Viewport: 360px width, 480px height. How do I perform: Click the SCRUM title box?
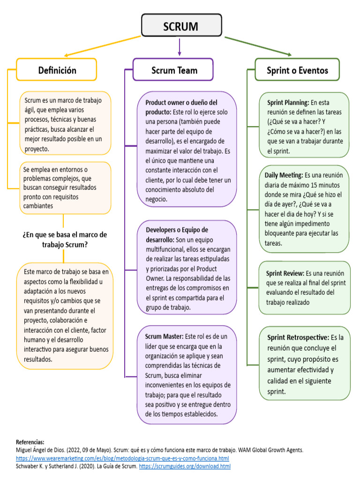[x=181, y=26]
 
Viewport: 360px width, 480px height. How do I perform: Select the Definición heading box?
[x=57, y=70]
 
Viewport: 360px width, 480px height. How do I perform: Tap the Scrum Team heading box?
[x=174, y=70]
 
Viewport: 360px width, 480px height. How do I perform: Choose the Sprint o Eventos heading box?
[x=297, y=71]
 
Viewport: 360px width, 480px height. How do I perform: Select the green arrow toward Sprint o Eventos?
[x=258, y=45]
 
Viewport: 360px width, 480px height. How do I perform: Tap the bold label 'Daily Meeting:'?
[x=284, y=175]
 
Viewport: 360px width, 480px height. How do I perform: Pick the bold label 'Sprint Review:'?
[x=285, y=273]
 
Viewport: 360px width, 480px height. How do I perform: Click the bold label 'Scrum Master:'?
[x=165, y=337]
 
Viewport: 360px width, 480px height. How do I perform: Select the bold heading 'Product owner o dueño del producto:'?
[x=181, y=107]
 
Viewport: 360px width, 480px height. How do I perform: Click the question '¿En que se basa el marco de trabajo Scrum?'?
[x=65, y=239]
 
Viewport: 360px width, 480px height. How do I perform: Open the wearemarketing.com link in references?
[x=122, y=458]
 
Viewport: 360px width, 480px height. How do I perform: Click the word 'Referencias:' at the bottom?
[x=30, y=442]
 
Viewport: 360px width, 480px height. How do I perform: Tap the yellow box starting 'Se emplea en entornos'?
[x=65, y=187]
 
